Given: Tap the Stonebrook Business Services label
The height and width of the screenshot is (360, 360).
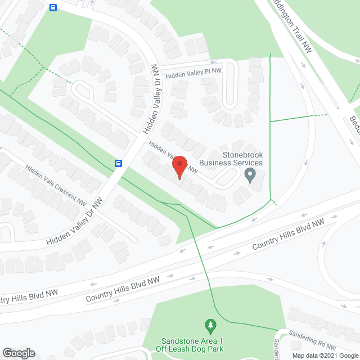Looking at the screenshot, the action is click(235, 159).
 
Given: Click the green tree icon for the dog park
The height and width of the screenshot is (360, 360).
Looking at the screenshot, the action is click(210, 325).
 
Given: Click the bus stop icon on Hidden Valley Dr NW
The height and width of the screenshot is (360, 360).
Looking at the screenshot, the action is click(119, 164).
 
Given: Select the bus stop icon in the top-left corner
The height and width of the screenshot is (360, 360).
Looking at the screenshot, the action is click(53, 8).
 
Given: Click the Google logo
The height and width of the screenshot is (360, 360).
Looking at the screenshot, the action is click(18, 353).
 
